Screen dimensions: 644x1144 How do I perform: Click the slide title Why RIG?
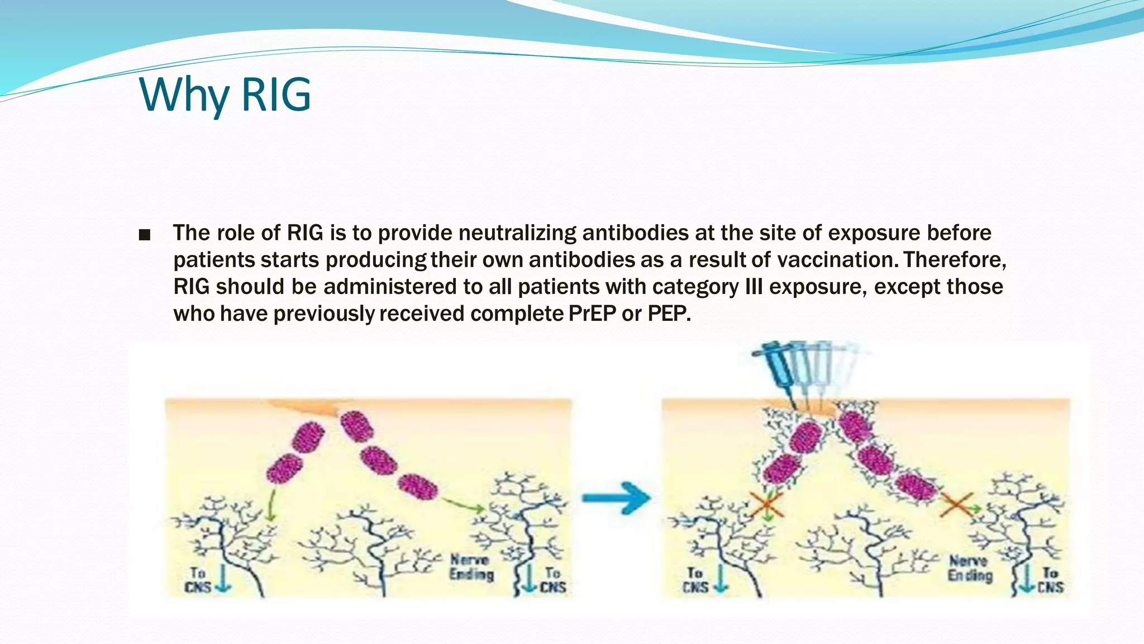click(225, 95)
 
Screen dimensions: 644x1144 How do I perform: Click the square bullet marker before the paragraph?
click(145, 235)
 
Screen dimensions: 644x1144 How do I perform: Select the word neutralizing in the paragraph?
click(517, 233)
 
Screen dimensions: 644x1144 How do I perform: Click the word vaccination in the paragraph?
click(836, 260)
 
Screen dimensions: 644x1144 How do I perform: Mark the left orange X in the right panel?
click(767, 505)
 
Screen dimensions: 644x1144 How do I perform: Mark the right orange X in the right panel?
click(957, 505)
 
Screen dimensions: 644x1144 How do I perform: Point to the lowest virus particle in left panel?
click(418, 486)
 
